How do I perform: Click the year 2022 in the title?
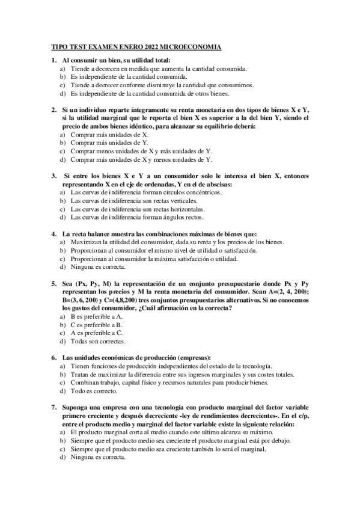(150, 46)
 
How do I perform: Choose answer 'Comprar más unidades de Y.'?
(109, 143)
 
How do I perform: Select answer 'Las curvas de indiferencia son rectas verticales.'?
(133, 200)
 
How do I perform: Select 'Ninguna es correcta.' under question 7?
(97, 457)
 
